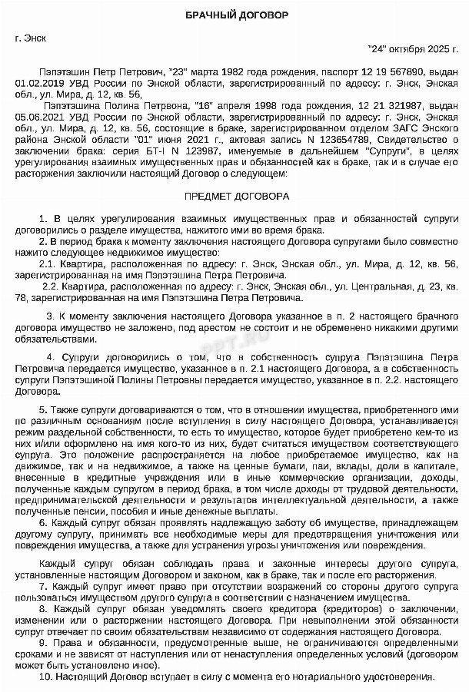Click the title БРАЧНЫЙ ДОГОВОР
pos(234,16)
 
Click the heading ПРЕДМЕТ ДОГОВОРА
pos(234,196)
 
